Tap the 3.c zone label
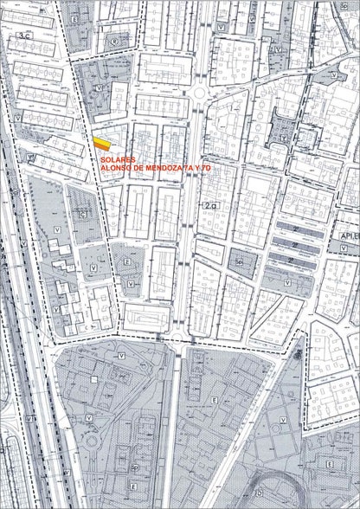pos(23,36)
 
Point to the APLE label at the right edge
pos(350,234)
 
